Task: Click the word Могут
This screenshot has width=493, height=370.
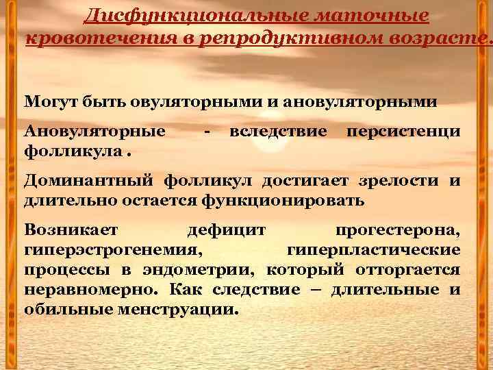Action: click(48, 102)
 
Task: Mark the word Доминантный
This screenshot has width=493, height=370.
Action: click(90, 180)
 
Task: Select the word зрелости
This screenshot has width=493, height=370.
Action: click(399, 180)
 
